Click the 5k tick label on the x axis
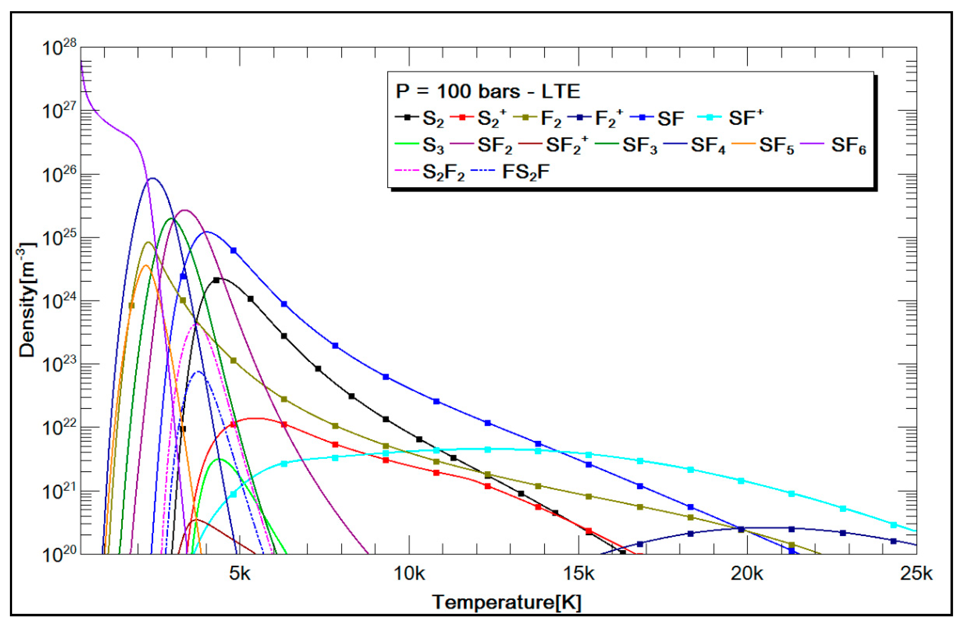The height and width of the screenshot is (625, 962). [x=240, y=573]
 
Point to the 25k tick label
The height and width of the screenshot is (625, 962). [x=916, y=573]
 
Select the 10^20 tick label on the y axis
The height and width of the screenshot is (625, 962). [x=59, y=555]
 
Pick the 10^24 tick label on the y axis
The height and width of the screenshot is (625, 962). [x=59, y=302]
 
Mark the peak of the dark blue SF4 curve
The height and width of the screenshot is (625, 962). [x=153, y=178]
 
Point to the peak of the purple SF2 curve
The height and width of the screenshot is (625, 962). [x=185, y=210]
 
